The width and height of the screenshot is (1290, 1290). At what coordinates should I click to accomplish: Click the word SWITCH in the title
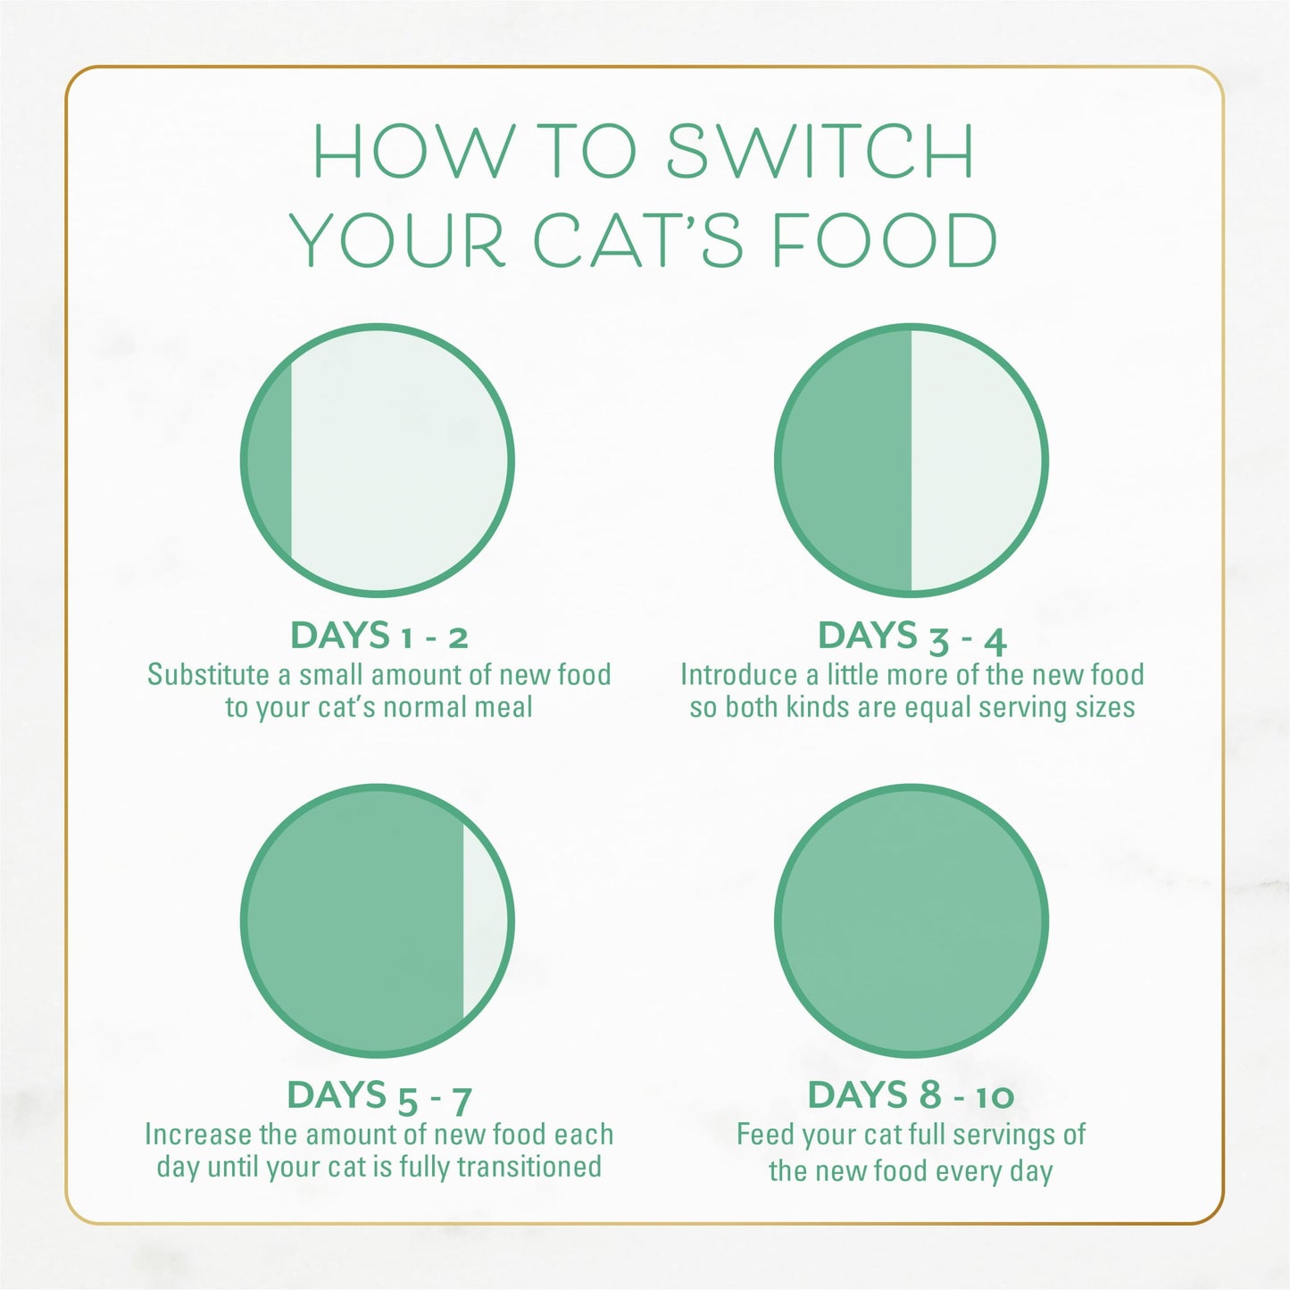820,151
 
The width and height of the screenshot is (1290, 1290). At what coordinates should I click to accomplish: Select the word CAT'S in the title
638,241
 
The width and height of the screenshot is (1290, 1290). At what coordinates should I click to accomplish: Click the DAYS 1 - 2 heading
379,636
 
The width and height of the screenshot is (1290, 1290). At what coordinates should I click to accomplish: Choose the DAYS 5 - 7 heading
379,1096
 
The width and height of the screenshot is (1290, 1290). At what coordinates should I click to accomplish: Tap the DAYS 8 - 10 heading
911,1095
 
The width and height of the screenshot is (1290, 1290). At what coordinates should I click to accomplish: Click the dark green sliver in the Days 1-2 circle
270,461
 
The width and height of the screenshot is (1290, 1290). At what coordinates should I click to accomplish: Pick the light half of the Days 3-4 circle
975,461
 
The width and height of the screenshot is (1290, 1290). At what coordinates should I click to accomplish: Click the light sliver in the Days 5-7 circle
484,920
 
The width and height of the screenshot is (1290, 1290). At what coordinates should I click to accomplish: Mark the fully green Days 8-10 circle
911,920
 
